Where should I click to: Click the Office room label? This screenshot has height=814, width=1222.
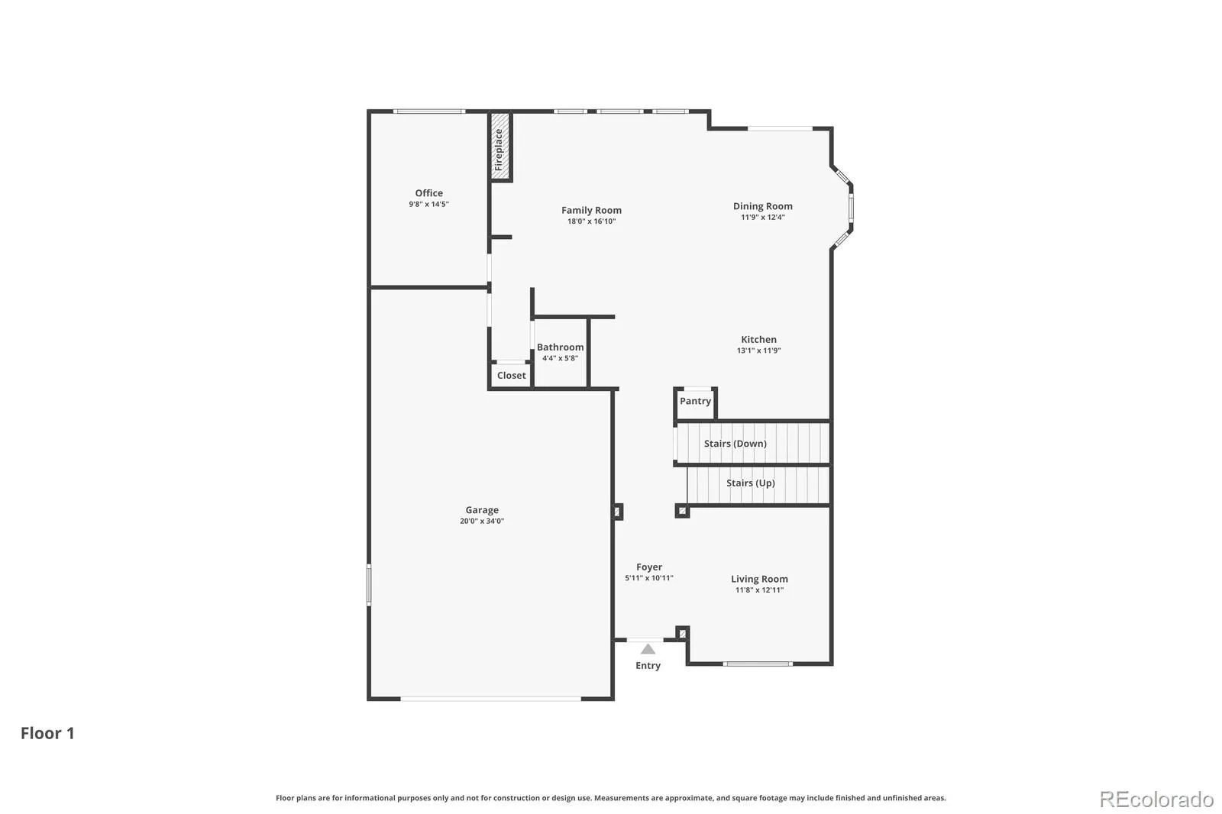point(428,193)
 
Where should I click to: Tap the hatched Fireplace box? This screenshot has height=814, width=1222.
point(499,147)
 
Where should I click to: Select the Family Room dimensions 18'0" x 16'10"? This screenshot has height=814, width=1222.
point(591,221)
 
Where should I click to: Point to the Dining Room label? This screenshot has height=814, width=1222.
point(763,206)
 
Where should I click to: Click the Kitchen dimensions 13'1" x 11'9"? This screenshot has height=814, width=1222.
point(759,350)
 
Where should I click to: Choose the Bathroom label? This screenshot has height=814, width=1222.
point(561,347)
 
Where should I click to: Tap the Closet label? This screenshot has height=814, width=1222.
point(511,376)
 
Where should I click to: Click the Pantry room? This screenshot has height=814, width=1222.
point(695,404)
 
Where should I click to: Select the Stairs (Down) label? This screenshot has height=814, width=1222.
point(735,444)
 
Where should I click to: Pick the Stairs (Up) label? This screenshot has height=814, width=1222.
point(751,483)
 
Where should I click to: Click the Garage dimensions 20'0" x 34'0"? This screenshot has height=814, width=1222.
point(482,521)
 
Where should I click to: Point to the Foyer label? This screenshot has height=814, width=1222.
point(649,567)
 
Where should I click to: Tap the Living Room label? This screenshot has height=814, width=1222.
point(759,579)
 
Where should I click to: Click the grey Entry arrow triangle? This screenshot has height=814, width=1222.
point(648,649)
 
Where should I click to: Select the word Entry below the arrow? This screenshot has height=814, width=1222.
point(648,666)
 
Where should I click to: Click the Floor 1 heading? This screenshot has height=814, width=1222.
point(47,733)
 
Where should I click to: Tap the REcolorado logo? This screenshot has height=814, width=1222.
point(1156,799)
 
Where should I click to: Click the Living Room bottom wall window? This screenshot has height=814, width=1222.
point(758,664)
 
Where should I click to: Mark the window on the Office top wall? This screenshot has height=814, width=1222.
point(429,111)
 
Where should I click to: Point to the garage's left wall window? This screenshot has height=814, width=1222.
point(369,585)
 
